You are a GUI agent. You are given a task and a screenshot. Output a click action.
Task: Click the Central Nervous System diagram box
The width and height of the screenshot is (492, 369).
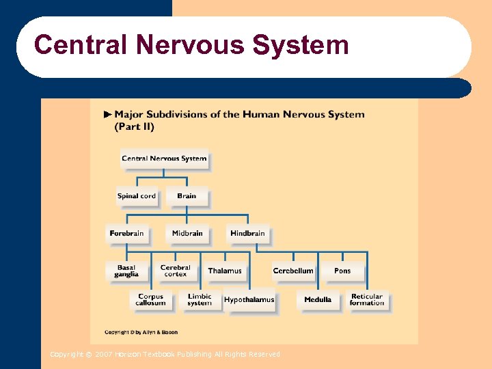[x=164, y=159]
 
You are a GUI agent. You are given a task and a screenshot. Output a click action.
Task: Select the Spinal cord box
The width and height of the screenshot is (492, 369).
[x=137, y=196]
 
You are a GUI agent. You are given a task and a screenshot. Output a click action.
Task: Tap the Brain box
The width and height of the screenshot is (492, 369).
[x=187, y=196]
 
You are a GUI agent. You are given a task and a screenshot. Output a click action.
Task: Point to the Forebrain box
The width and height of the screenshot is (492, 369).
[x=126, y=234]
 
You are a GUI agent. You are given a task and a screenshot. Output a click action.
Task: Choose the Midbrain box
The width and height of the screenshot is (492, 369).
[x=187, y=234]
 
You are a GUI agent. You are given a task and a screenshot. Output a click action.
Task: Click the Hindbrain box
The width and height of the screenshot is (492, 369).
[x=247, y=234]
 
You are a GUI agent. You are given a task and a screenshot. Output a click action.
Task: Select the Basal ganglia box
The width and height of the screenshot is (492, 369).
[x=126, y=271]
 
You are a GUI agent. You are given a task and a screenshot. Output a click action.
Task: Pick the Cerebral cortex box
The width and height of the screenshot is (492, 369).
[x=176, y=271]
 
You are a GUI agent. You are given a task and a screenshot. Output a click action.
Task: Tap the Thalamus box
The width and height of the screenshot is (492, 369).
[x=225, y=271]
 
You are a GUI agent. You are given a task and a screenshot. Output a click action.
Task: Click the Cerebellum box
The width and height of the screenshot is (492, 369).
[x=293, y=271]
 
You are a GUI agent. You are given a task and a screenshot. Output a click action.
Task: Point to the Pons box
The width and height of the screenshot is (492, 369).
[x=342, y=271]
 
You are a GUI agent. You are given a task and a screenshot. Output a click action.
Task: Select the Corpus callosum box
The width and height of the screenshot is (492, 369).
[x=150, y=300]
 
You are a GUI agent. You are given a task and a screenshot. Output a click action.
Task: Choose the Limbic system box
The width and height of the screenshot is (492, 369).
[x=200, y=300]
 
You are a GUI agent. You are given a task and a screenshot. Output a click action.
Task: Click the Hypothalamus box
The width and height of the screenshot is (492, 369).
[x=249, y=300]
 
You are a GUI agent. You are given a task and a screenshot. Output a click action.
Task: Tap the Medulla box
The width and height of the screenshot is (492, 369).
[x=318, y=300]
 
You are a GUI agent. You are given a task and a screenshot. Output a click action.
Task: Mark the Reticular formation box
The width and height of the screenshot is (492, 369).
[x=367, y=300]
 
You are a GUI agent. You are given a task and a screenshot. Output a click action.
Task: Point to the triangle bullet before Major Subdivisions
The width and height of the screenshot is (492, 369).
[x=107, y=115]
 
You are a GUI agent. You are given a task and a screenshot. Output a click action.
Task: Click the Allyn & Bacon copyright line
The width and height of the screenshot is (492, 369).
[x=141, y=332]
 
